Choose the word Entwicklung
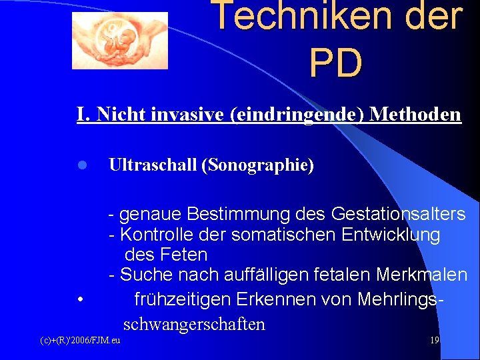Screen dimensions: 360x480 tap(391, 235)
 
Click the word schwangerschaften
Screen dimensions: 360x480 tap(194, 325)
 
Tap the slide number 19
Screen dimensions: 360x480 tap(434, 341)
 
